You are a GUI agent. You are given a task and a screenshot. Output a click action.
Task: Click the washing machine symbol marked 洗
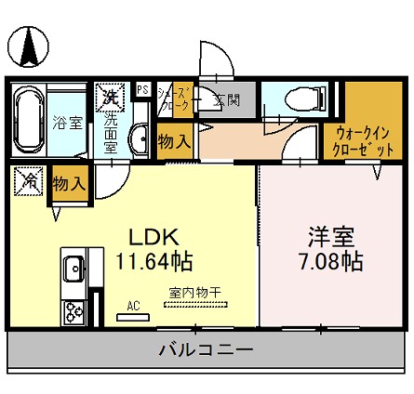(108, 95)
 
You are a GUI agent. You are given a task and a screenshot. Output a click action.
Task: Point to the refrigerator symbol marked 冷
(29, 182)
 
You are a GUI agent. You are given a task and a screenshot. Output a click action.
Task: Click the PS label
(142, 89)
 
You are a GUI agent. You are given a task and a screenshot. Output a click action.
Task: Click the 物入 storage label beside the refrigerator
(69, 184)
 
